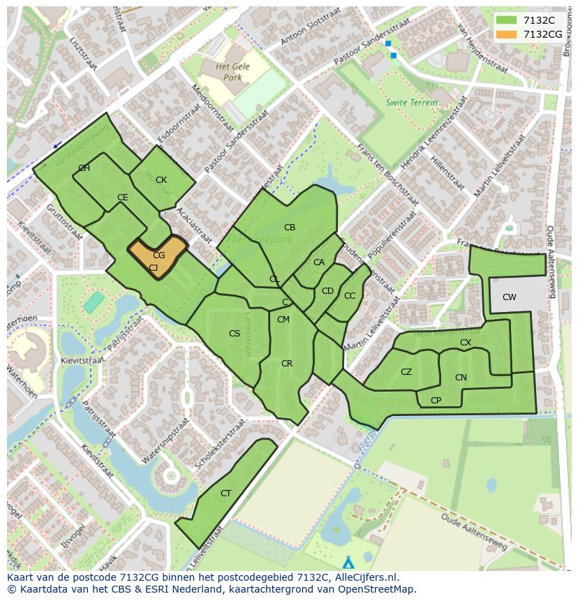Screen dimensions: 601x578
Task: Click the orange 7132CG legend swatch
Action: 507,34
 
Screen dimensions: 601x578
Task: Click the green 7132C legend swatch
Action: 507,20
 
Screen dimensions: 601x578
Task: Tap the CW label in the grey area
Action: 510,297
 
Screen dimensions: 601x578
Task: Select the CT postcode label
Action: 225,494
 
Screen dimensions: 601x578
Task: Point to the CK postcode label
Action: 161,180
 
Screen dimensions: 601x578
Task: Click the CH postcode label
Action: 84,168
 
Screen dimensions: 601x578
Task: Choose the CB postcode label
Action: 290,228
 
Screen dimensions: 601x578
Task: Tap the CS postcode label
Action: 235,334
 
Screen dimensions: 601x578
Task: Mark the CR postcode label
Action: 287,364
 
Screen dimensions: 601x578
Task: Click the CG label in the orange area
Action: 159,255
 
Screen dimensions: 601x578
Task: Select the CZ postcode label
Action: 406,372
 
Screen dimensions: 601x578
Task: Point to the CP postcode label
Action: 436,401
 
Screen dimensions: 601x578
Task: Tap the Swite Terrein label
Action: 412,103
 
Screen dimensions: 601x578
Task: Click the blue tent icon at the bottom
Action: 348,562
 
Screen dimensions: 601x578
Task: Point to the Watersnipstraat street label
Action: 165,442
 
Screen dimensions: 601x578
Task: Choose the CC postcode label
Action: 350,296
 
